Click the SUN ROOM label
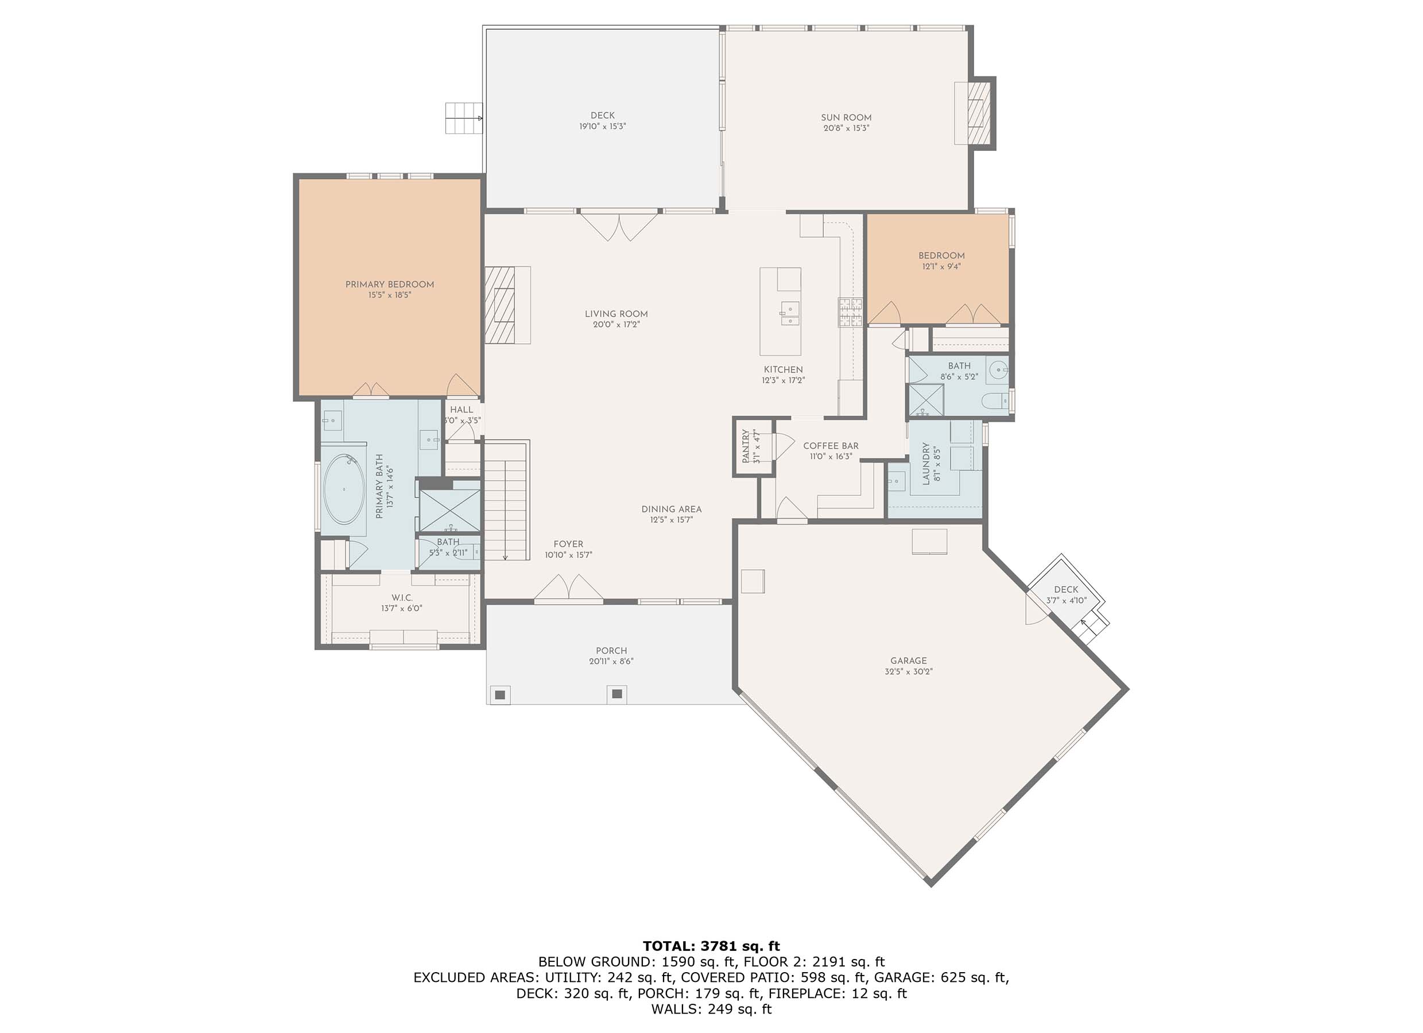pos(846,117)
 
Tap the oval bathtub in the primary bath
pos(344,489)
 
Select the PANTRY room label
pos(746,446)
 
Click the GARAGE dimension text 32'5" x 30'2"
pos(908,671)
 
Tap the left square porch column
pos(500,694)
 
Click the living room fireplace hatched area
pos(500,305)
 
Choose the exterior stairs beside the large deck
pos(463,118)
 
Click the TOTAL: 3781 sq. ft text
pos(711,946)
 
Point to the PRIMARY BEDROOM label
pos(390,285)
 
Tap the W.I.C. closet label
pos(402,598)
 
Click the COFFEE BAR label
pos(831,446)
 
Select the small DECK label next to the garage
pos(1065,589)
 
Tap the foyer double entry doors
pos(568,587)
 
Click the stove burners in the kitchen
pos(850,312)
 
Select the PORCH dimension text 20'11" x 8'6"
pos(611,661)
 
